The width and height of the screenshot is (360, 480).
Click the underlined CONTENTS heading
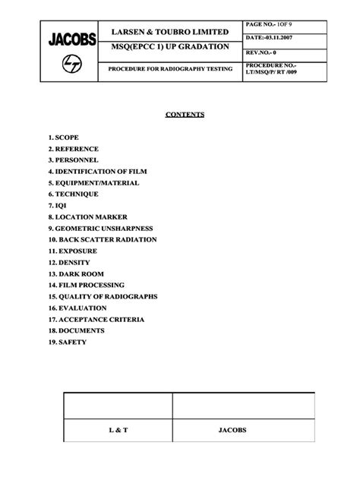[x=185, y=115]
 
